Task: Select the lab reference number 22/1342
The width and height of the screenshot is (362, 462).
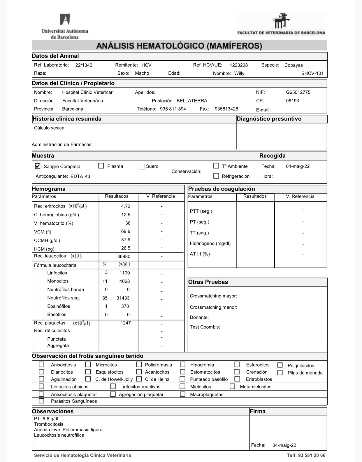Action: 84,65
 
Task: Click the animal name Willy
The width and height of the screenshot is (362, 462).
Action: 239,74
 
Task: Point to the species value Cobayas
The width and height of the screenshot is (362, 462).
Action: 294,65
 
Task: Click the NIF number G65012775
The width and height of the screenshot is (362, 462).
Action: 298,93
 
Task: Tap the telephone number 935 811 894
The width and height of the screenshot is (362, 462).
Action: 173,109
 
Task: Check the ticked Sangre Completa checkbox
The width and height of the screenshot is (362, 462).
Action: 38,166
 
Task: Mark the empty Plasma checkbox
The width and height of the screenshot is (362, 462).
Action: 101,166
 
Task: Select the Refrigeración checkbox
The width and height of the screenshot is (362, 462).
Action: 216,176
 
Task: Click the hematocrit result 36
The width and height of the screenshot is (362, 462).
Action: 128,223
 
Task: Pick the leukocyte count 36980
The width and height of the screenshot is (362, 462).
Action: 124,257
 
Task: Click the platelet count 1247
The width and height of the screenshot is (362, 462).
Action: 126,323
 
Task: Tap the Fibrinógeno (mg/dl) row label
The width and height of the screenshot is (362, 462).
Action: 210,244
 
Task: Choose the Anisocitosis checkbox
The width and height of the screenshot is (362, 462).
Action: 42,365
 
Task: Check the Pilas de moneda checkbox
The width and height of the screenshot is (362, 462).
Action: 280,373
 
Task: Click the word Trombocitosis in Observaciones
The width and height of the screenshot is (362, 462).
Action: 49,424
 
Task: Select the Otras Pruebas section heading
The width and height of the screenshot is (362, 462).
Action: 208,282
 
